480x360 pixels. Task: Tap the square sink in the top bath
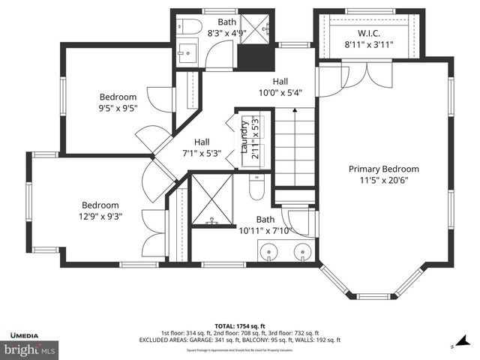[185, 54]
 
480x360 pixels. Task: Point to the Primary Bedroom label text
[383, 169]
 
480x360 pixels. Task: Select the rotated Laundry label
[244, 136]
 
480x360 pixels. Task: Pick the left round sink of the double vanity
[268, 252]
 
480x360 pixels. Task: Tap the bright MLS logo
[30, 349]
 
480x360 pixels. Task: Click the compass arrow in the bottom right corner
[454, 346]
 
